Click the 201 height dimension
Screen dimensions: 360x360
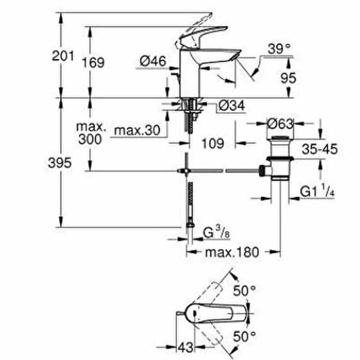point(63,56)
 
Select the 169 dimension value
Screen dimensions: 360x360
point(93,62)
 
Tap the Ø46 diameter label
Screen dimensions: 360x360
point(153,61)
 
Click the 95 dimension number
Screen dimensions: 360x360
point(288,78)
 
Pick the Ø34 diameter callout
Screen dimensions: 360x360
point(231,105)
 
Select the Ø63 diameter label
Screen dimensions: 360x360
point(280,124)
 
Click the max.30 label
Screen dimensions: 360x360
point(137,130)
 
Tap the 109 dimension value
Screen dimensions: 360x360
point(213,144)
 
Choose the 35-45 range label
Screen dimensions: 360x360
point(320,149)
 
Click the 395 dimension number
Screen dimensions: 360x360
point(60,163)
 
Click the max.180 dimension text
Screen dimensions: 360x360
point(232,252)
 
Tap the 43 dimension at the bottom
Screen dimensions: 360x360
point(185,347)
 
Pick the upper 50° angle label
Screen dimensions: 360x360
point(244,291)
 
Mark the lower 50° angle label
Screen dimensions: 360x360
point(244,337)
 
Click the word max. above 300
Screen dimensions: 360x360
point(91,127)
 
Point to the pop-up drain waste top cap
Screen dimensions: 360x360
point(280,138)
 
